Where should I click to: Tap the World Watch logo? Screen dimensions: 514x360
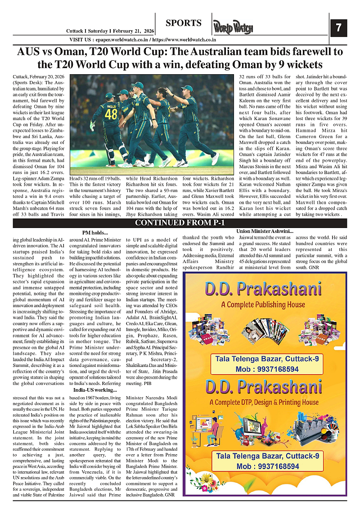pos(233,28)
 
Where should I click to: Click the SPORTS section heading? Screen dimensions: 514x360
pos(183,23)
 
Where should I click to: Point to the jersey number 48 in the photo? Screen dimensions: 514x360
pos(111,114)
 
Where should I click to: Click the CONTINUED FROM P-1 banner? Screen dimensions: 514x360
pos(180,223)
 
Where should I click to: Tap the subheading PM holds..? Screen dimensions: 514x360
pos(95,232)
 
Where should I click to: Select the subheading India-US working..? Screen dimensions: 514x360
pos(95,390)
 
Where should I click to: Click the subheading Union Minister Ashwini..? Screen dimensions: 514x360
pos(265,231)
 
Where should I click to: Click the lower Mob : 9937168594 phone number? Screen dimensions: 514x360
pos(267,466)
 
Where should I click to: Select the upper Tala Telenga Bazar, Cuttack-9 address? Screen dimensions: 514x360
pos(267,359)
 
